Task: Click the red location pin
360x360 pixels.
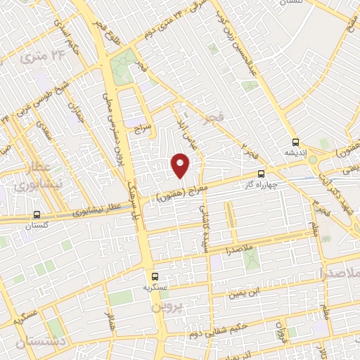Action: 181,165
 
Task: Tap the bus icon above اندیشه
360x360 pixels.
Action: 296,141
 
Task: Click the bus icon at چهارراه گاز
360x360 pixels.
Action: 262,173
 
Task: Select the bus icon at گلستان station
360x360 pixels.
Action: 37,215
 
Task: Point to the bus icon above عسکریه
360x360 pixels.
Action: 154,276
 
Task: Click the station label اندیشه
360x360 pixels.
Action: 295,152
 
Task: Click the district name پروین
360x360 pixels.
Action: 166,309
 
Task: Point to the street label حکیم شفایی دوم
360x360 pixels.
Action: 228,321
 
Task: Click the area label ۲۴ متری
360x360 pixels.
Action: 37,54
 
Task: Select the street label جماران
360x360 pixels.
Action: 75,110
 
